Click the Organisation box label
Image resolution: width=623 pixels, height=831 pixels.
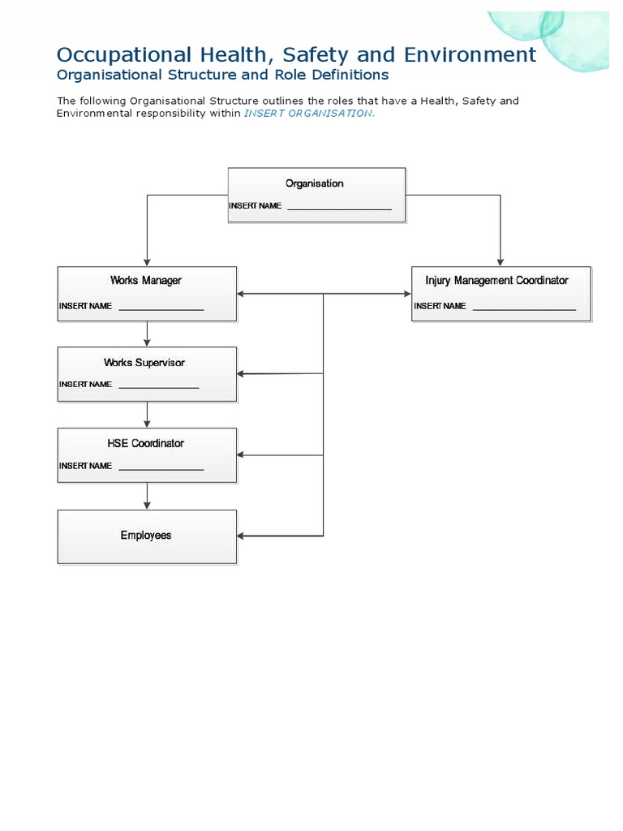tap(314, 183)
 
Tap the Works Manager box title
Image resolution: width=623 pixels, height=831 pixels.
tap(146, 280)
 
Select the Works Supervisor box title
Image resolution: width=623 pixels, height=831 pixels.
tap(144, 363)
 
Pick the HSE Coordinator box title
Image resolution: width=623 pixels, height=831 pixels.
tap(146, 443)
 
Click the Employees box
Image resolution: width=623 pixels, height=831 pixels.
tap(146, 536)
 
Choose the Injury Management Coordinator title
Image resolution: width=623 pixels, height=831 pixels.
tap(496, 280)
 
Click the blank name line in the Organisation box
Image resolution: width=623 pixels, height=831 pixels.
tap(339, 209)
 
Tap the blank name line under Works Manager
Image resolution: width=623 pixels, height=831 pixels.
tap(161, 309)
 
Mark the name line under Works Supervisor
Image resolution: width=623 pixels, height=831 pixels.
tap(158, 387)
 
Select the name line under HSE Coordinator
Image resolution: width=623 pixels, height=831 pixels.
tap(161, 469)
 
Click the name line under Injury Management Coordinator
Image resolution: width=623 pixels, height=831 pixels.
tap(523, 309)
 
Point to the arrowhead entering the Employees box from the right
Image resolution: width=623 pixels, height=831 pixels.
tap(242, 536)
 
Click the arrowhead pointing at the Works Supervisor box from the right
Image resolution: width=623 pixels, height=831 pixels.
tap(242, 374)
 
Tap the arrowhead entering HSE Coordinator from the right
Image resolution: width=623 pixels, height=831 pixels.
tap(242, 455)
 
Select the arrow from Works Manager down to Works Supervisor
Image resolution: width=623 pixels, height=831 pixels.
tap(147, 334)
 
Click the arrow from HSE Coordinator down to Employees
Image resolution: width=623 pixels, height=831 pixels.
tap(147, 496)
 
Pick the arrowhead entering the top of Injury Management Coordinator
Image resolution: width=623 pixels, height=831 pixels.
tap(501, 260)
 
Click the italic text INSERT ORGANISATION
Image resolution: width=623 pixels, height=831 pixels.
tap(309, 114)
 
